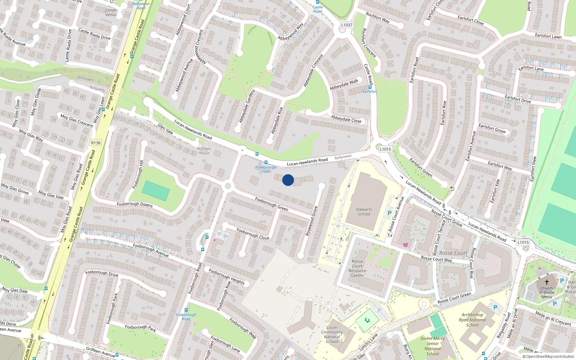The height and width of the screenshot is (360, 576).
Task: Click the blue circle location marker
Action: pos(288,180)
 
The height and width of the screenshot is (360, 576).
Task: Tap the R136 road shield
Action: pos(96,143)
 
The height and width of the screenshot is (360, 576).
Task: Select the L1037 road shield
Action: pos(347,25)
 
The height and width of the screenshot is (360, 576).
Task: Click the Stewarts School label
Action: pos(364,212)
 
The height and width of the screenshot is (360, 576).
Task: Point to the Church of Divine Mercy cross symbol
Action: pos(546,282)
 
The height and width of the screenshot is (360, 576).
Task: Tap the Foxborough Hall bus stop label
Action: pos(266,169)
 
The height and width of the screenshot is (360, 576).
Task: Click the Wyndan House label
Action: pos(204,150)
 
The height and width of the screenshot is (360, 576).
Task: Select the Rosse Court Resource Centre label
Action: pos(357,269)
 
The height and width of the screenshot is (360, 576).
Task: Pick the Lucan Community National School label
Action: pos(332,334)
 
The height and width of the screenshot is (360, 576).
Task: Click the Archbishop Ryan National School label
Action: pos(472,320)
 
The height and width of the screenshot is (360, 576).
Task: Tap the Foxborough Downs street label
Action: pos(135,204)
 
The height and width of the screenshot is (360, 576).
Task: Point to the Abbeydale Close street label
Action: pos(346,119)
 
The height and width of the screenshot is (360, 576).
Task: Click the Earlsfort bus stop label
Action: pos(370,91)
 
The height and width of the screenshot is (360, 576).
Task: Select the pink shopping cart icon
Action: pos(406,245)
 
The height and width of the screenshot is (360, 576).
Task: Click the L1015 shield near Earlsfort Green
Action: pos(385,149)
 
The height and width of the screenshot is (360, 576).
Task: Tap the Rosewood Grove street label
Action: pos(312,221)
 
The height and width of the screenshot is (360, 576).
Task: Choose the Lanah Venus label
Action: pos(111,13)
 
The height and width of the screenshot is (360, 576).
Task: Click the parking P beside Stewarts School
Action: pos(389,213)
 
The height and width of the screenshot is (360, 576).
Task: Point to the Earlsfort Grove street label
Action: pos(492,129)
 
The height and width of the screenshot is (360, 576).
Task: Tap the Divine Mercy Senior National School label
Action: pos(433,346)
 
